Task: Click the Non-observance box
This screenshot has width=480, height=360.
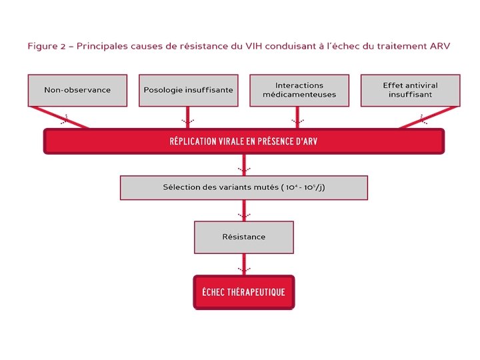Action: coord(77,90)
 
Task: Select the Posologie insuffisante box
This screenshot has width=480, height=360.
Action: coord(189,90)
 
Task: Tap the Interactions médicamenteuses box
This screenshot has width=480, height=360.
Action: coord(299,90)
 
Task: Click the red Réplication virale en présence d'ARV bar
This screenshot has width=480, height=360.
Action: coord(243,141)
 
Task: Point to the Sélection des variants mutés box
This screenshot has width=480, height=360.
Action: coord(243,187)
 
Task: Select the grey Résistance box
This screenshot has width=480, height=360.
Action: coord(243,237)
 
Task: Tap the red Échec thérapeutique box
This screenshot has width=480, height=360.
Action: coord(243,292)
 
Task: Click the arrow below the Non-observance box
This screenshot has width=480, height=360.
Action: coord(65,119)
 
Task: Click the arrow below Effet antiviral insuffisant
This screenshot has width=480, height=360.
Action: coord(422,119)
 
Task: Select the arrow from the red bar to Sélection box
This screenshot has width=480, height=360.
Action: coord(243,166)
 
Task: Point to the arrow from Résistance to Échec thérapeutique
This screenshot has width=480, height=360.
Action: coord(243,265)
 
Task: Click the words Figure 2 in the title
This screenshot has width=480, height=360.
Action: coord(47,46)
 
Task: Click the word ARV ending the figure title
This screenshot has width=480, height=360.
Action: coord(439,46)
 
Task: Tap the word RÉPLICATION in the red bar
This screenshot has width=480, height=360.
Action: coord(194,141)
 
